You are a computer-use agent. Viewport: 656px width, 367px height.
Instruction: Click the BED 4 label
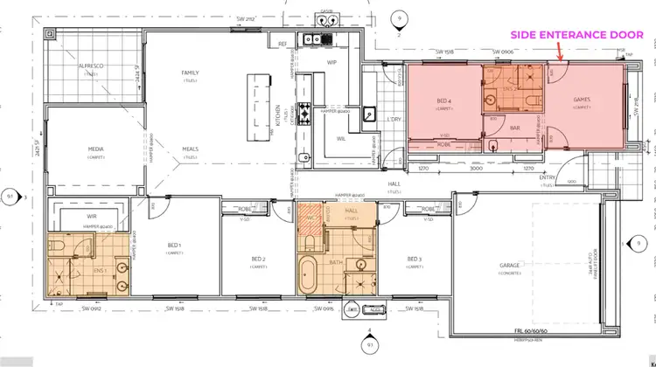coord(443,100)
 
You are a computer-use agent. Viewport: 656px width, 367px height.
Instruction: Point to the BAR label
coord(515,128)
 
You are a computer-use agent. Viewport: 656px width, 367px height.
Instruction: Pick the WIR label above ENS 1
coord(91,214)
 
